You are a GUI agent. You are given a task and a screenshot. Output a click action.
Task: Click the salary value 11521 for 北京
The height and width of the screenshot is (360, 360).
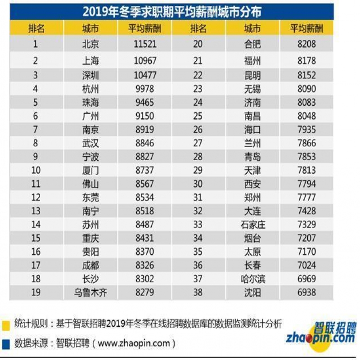(144, 45)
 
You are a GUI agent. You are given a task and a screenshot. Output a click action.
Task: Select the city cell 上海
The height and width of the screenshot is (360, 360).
(90, 61)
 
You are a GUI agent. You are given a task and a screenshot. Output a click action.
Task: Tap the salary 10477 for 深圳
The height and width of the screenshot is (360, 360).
(144, 75)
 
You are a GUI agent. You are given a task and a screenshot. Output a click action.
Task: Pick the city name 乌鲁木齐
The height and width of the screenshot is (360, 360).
(90, 292)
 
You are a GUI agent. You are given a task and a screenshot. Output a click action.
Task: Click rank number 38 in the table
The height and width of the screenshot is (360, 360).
(198, 292)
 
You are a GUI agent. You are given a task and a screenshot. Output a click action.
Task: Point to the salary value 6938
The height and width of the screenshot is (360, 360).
(306, 292)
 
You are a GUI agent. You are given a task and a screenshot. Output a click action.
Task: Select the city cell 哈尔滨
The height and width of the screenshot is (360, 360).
(252, 279)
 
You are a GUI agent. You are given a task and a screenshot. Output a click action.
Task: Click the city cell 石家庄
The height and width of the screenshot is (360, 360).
(252, 225)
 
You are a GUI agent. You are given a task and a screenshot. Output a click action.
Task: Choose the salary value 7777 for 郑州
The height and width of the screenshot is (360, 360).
(306, 197)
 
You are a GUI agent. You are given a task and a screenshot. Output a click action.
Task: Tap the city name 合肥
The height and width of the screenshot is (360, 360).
(252, 45)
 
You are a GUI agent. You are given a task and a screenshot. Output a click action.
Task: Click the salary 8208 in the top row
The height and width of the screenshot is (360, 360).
(306, 45)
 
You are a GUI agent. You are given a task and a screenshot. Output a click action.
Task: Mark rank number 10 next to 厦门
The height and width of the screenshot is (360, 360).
(36, 170)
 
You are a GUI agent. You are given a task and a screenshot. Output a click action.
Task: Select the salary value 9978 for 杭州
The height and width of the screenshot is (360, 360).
(144, 89)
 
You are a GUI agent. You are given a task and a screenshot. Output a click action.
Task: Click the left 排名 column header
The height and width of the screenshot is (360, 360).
(36, 29)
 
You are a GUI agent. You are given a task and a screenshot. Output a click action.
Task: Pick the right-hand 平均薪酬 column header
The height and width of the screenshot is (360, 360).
(306, 29)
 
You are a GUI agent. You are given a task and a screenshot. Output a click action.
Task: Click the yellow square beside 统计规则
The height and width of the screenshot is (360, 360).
(6, 324)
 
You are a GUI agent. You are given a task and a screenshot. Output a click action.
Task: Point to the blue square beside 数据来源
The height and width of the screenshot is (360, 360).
(6, 343)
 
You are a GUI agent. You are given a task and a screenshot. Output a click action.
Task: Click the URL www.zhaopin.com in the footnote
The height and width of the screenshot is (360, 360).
(134, 343)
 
